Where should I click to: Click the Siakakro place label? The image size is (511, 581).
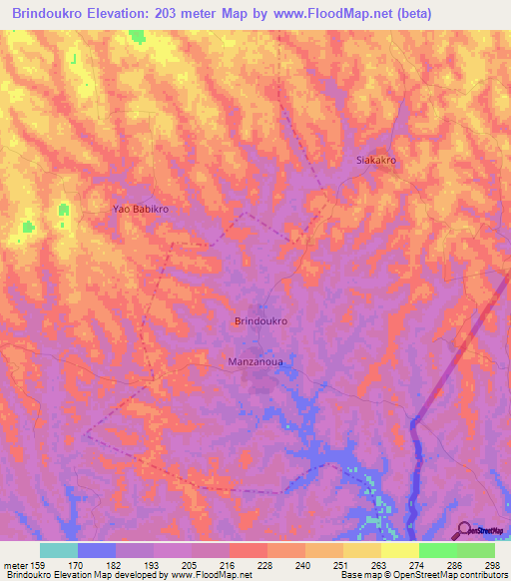coord(377,160)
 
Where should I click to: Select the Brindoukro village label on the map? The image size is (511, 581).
coord(260,321)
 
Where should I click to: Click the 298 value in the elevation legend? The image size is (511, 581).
coord(488,566)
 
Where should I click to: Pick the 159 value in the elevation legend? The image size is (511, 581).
coord(43,566)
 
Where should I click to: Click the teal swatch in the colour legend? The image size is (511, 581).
coord(59,550)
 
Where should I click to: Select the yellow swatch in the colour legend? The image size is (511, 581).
coord(400,550)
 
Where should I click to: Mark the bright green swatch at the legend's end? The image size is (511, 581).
coord(475,550)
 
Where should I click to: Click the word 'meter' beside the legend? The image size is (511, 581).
coord(17,566)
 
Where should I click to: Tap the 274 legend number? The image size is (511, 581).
coord(414,566)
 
